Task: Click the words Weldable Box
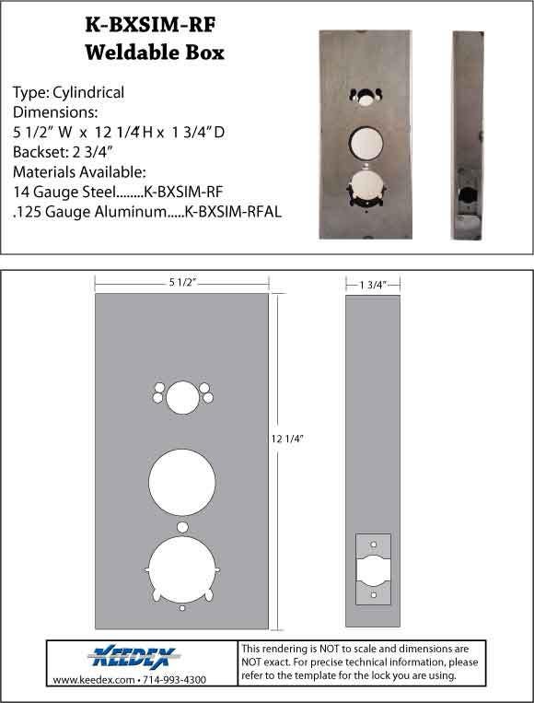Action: pos(154,53)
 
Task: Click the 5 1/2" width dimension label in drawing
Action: pos(180,279)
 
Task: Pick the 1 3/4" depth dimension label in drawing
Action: pos(372,285)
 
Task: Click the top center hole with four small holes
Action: pos(182,397)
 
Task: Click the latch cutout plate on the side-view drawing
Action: pos(373,568)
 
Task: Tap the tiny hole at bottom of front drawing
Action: pos(182,609)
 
